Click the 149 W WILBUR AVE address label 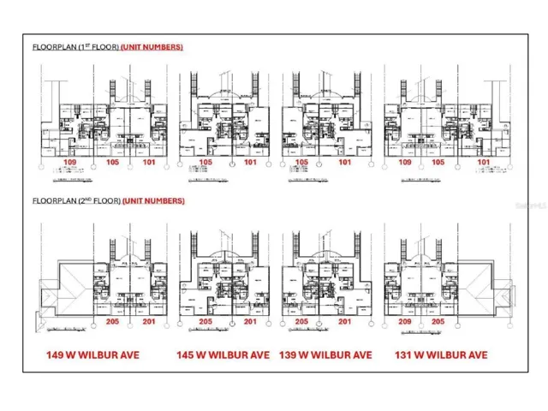[94, 354]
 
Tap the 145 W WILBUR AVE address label [223, 354]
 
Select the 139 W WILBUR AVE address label [325, 354]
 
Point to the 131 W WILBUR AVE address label [442, 354]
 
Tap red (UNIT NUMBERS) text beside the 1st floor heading [152, 46]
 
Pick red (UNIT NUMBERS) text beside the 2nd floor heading [153, 200]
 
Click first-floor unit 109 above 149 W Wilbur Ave [72, 161]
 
